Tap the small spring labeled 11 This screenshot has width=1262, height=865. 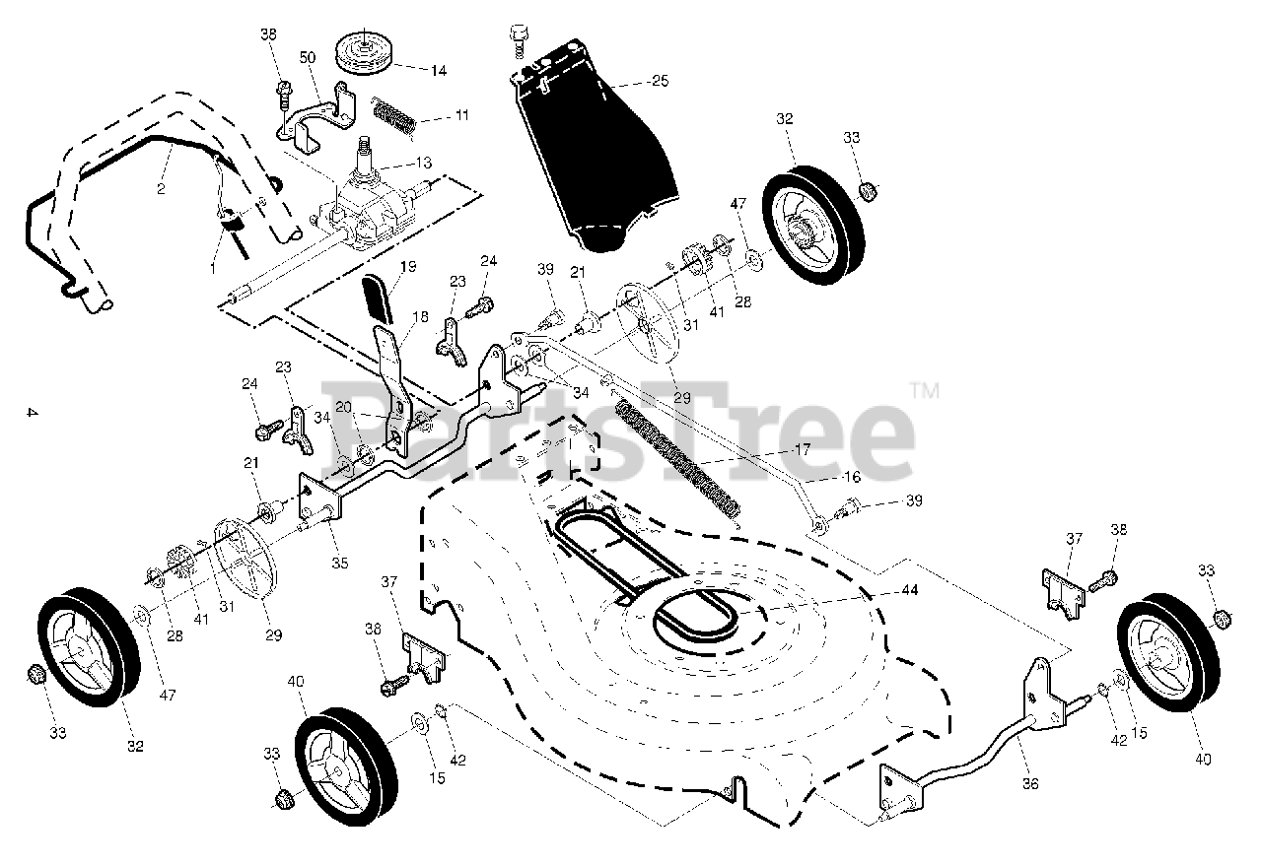tap(394, 113)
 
